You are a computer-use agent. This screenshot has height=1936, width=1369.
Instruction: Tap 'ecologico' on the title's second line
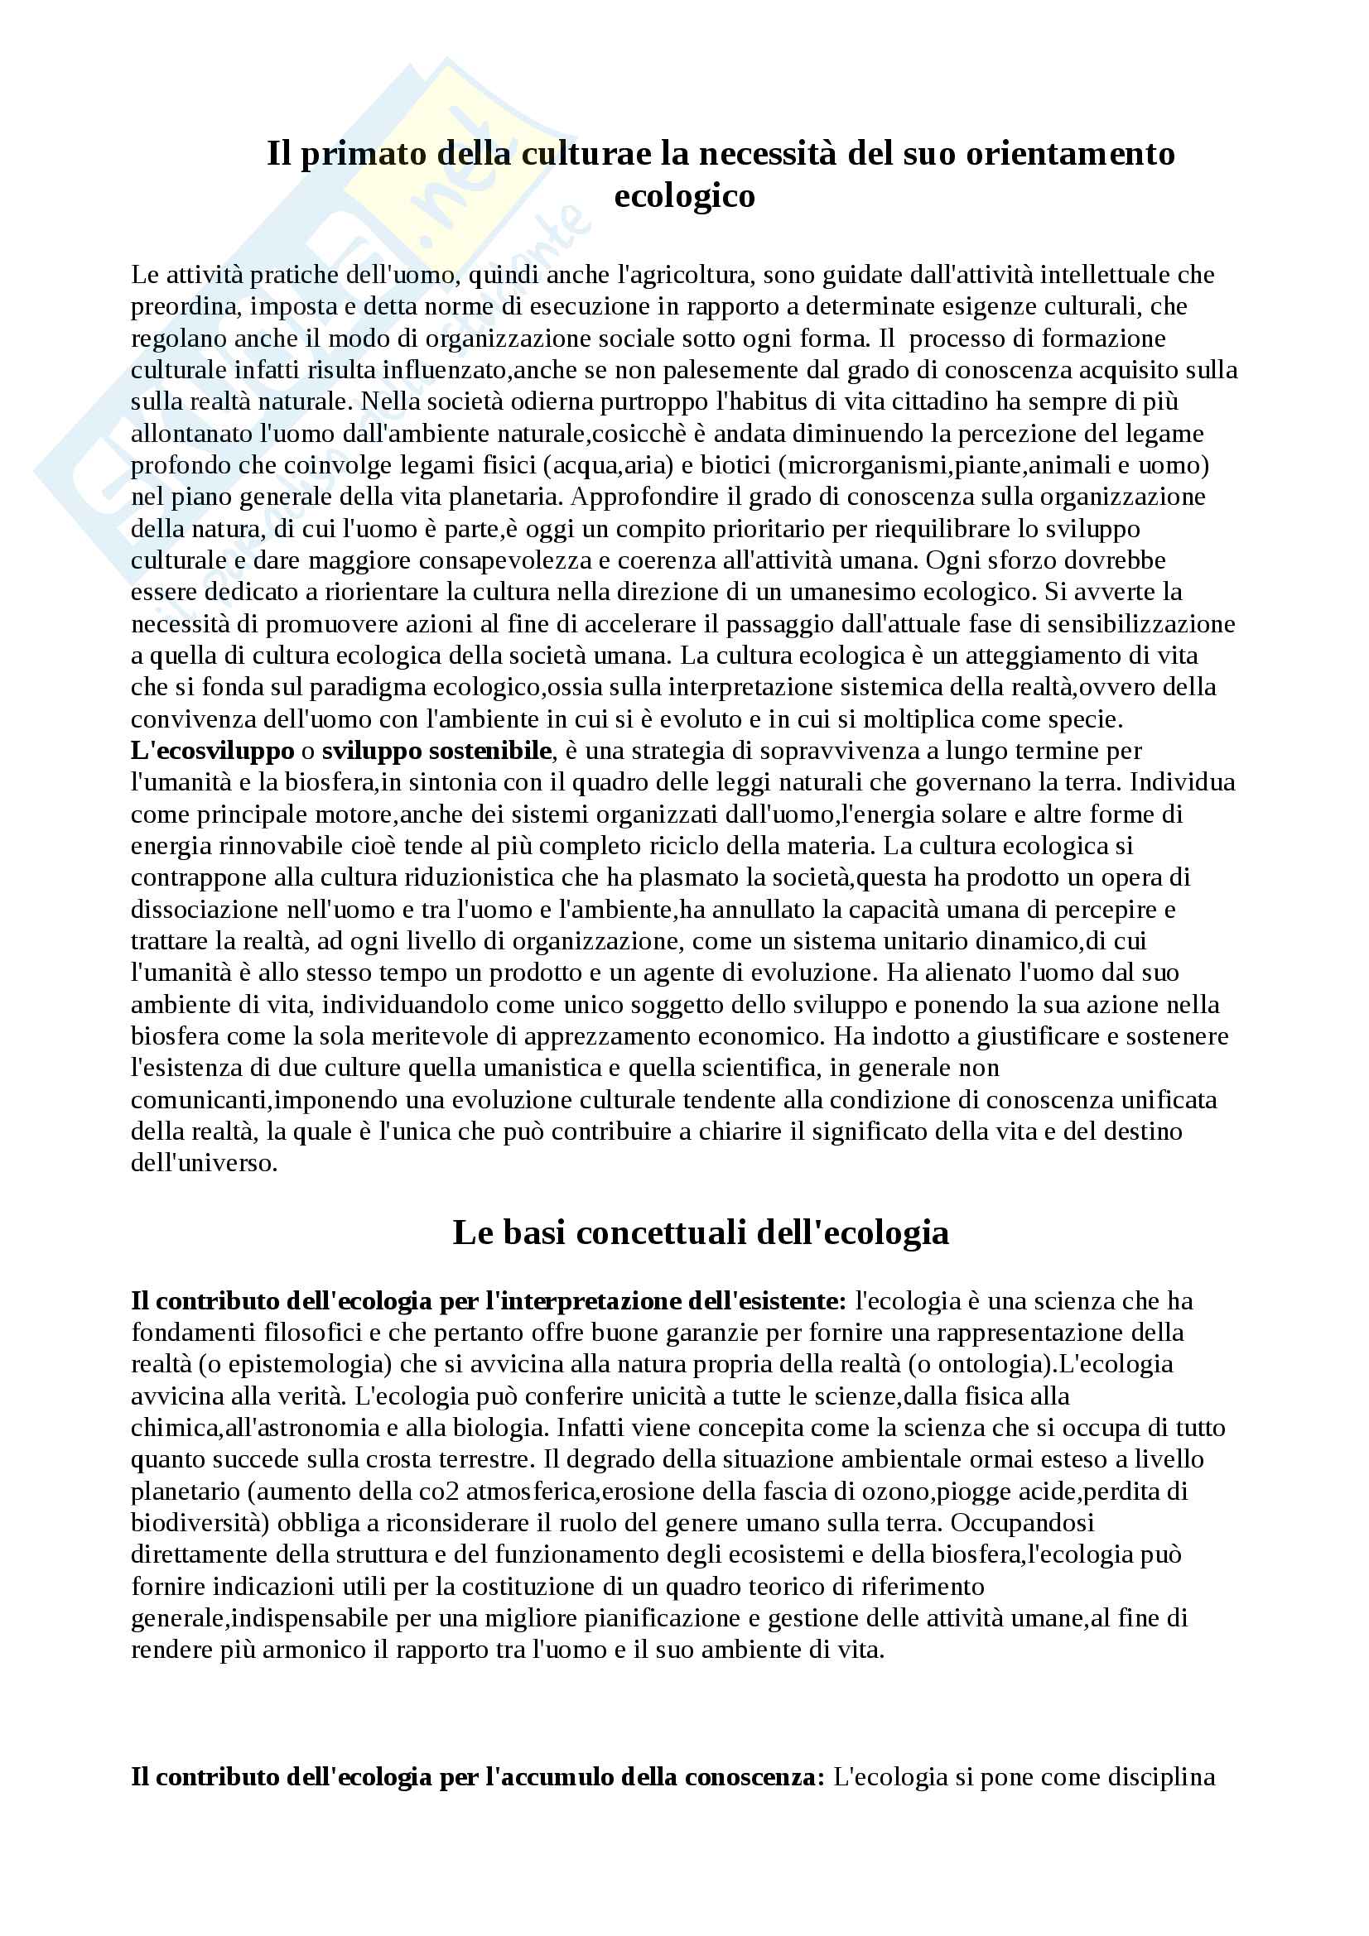(x=684, y=195)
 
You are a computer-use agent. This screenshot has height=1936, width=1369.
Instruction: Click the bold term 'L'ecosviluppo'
(x=213, y=751)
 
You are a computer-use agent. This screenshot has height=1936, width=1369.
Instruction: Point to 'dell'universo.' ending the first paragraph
(x=204, y=1163)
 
